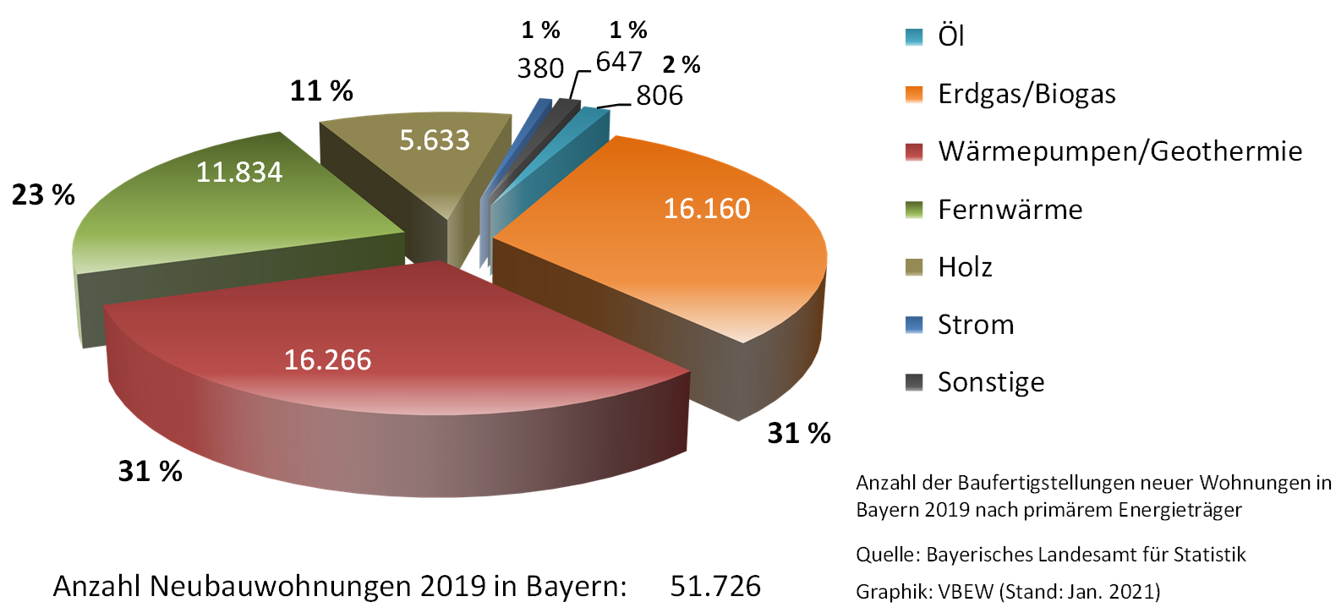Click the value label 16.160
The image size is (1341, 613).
pyautogui.click(x=707, y=209)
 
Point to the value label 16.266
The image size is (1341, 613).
pyautogui.click(x=327, y=360)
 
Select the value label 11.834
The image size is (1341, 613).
pyautogui.click(x=239, y=172)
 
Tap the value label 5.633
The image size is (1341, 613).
pyautogui.click(x=434, y=140)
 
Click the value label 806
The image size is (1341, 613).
pyautogui.click(x=660, y=96)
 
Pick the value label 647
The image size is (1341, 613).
pyautogui.click(x=619, y=62)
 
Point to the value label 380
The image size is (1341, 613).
pyautogui.click(x=540, y=68)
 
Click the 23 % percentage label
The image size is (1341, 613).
pyautogui.click(x=43, y=195)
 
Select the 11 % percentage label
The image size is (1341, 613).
pyautogui.click(x=321, y=90)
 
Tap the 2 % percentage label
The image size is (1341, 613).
pyautogui.click(x=681, y=65)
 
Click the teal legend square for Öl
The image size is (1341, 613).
pyautogui.click(x=914, y=37)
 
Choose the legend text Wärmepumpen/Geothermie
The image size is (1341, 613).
pyautogui.click(x=1119, y=151)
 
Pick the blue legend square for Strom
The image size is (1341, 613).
pyautogui.click(x=914, y=325)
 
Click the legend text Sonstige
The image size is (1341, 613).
pyautogui.click(x=991, y=382)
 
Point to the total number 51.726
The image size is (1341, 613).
pyautogui.click(x=715, y=586)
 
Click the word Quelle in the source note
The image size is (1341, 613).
pyautogui.click(x=885, y=555)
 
